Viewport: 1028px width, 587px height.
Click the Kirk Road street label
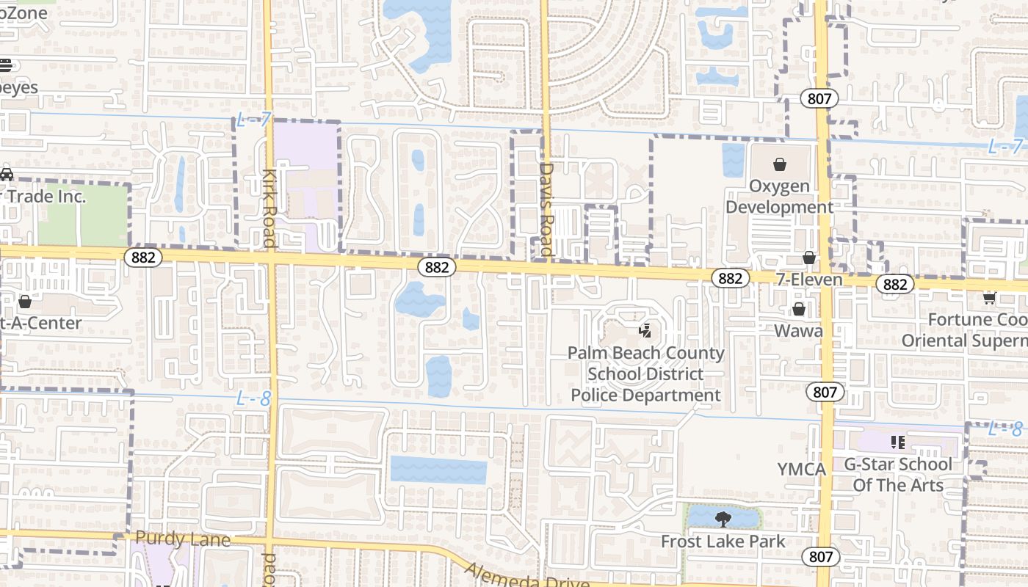click(x=269, y=208)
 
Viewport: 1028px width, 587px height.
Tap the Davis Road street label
click(x=546, y=209)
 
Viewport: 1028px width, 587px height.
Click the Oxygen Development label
click(x=779, y=197)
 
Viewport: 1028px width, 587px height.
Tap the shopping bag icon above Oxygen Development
click(x=780, y=164)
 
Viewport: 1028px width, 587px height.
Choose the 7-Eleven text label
click(x=810, y=280)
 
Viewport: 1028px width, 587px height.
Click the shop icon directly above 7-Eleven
click(x=809, y=258)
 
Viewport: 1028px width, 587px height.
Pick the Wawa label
click(x=798, y=331)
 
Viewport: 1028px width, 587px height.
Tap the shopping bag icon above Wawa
click(x=798, y=310)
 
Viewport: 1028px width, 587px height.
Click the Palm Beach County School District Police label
click(x=646, y=374)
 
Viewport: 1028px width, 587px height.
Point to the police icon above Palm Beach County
click(x=645, y=331)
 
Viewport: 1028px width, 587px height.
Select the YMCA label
click(x=802, y=469)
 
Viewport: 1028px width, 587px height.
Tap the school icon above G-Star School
click(x=897, y=442)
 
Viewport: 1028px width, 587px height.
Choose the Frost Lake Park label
click(x=723, y=542)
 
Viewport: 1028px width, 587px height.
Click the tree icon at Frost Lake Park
click(x=723, y=519)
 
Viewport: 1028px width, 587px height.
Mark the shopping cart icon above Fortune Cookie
click(x=989, y=297)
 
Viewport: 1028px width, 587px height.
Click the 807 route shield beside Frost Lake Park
click(x=820, y=557)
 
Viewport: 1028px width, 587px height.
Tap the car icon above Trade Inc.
click(x=6, y=175)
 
